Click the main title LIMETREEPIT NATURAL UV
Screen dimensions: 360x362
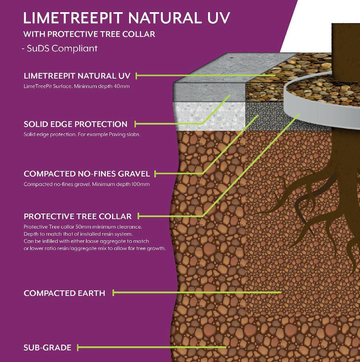point(127,18)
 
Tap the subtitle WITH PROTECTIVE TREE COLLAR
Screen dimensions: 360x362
point(89,35)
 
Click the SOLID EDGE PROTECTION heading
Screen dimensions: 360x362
point(75,124)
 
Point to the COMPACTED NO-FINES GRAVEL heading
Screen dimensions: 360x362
point(87,174)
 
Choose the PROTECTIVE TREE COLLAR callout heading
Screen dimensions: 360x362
point(78,216)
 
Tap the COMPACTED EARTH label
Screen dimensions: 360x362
point(64,293)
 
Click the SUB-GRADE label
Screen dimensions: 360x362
point(47,347)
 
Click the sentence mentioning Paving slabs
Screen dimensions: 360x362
point(82,134)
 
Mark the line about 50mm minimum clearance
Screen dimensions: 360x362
point(83,227)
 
